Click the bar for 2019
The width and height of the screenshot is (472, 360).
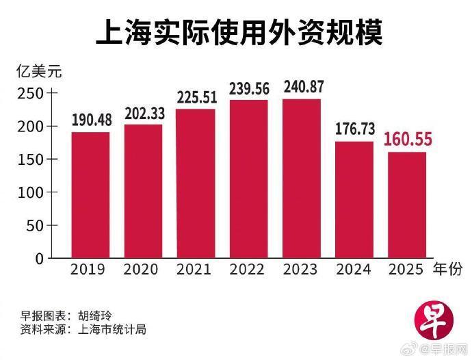[90, 195]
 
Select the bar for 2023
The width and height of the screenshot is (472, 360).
[302, 179]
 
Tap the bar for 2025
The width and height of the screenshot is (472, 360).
[407, 205]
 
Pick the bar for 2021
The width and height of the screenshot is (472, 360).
[196, 183]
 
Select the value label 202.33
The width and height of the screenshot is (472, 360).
[143, 114]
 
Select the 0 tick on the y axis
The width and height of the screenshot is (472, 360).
[39, 258]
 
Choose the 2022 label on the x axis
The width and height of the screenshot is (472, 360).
[248, 270]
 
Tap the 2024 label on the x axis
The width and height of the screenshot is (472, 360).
[354, 270]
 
